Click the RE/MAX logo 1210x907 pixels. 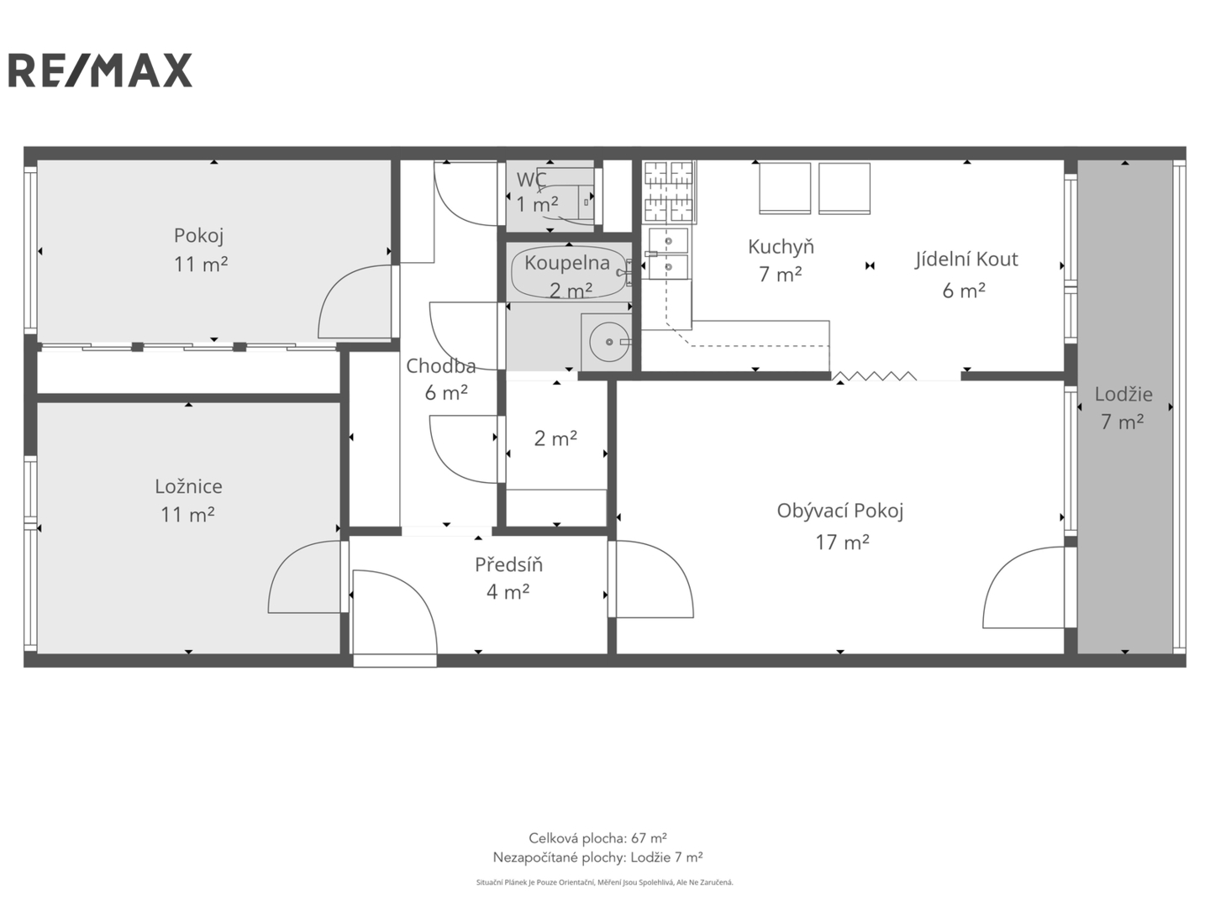100,70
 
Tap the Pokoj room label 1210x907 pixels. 199,236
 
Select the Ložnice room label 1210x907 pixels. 188,486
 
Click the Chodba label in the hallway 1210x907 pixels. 440,365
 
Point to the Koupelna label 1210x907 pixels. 566,263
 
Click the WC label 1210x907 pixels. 531,179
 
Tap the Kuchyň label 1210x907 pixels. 781,246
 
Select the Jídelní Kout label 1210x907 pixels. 965,259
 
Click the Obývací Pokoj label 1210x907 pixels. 840,511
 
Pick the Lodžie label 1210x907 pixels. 1123,394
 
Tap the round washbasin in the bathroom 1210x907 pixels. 609,342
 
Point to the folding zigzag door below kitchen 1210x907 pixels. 874,376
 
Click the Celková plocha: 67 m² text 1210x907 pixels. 597,838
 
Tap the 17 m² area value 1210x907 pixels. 842,542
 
